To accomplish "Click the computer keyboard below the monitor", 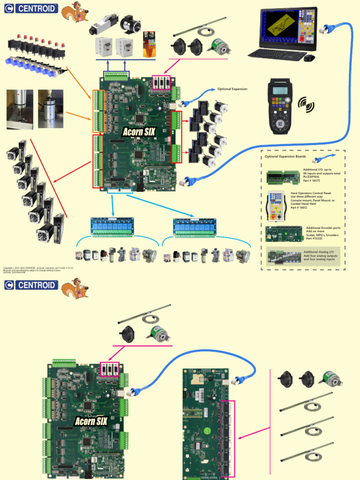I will tap(277, 55).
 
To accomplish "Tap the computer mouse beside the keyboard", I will tap(309, 58).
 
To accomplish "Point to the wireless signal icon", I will tap(307, 105).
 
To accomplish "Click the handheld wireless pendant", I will tap(280, 106).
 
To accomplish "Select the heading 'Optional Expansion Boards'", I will tap(286, 157).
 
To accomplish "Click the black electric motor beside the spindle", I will tap(130, 24).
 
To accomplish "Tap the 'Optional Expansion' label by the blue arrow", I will tap(232, 89).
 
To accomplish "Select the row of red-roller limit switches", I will tap(36, 45).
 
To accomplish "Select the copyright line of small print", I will tap(37, 268).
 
